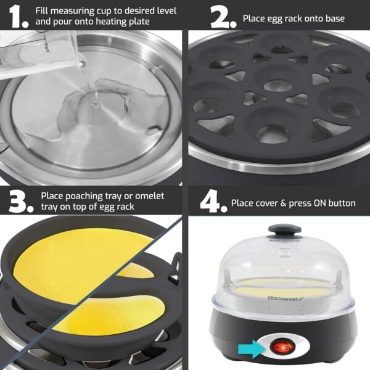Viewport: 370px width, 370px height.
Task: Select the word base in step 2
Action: [333, 18]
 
